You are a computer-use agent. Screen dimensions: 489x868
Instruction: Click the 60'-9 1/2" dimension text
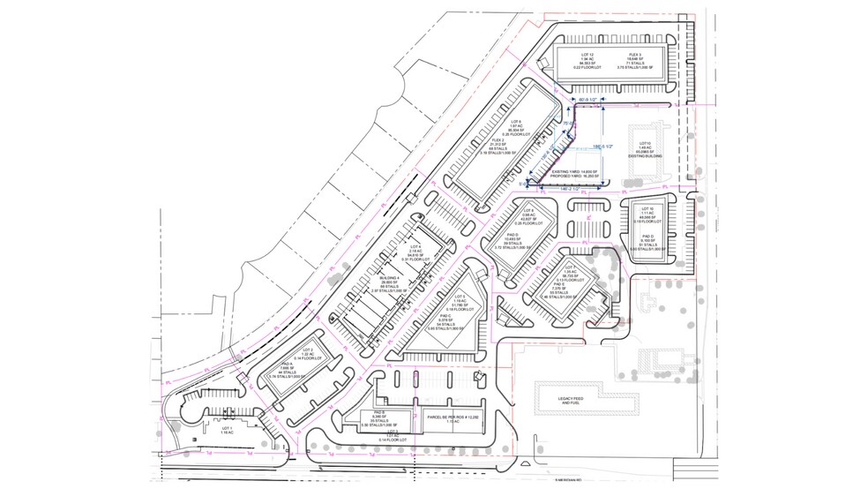point(585,101)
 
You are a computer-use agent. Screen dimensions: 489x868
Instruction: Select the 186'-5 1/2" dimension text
point(602,147)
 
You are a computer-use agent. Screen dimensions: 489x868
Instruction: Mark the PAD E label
point(558,283)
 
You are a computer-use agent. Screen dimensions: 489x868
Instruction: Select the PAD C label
point(445,314)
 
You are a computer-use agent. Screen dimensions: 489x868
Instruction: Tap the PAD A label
point(287,363)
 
